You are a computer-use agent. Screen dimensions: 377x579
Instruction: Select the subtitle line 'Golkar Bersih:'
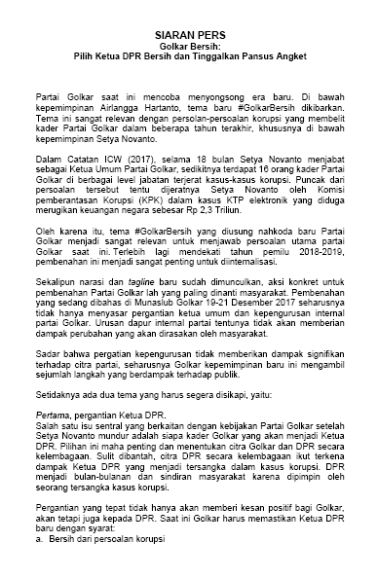coord(188,46)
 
